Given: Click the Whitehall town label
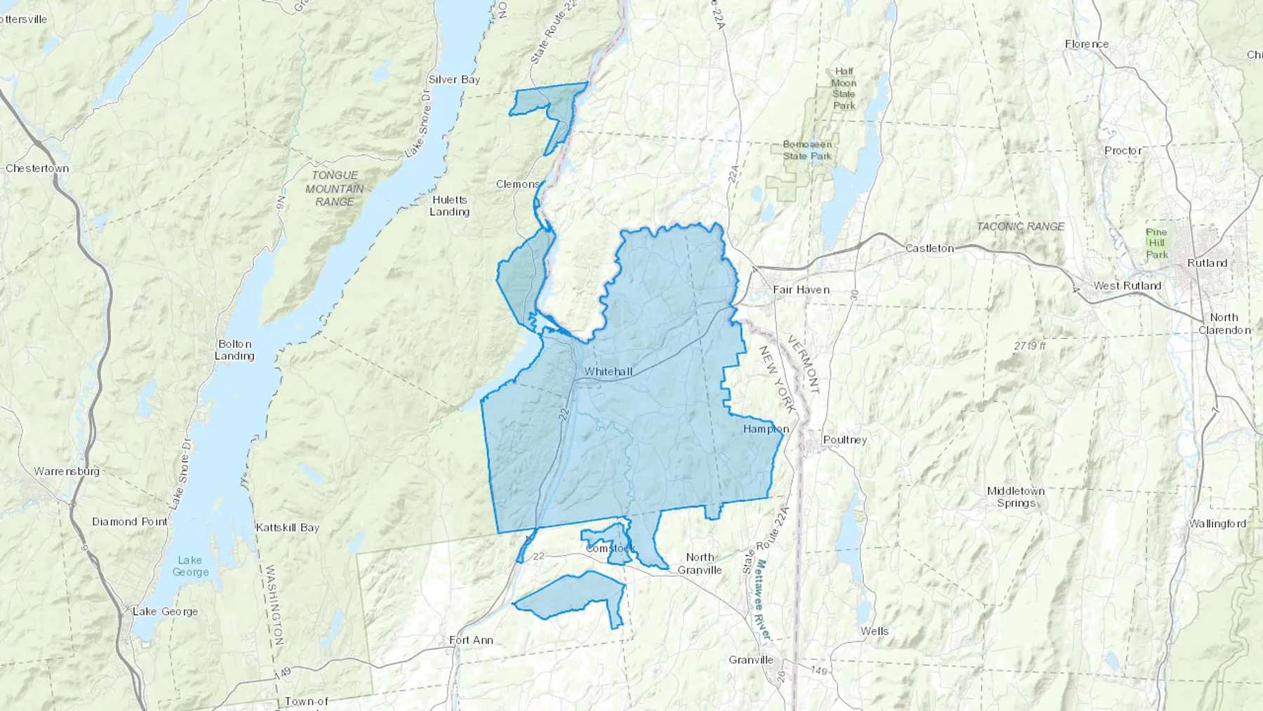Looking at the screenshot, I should [x=608, y=371].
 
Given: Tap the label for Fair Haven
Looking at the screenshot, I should [x=801, y=289].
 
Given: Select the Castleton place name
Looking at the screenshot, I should [x=929, y=248].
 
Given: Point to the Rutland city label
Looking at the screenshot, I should [x=1207, y=263].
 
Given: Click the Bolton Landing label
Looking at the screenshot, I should [x=234, y=350].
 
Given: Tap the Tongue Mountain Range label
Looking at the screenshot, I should [x=335, y=188].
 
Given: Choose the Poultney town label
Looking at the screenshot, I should [x=845, y=440].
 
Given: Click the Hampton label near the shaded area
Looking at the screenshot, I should [x=766, y=429].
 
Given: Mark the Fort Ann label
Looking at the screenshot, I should [x=471, y=640].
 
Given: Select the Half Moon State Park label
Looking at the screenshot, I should [x=843, y=88].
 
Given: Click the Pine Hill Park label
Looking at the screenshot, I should [x=1156, y=243].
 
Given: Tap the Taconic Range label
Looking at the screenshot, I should [x=1020, y=226].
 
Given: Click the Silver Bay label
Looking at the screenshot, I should [x=454, y=79].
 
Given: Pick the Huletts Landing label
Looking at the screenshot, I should [x=449, y=206].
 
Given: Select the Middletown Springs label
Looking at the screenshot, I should [x=1015, y=497].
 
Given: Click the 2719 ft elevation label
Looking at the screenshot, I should [x=1029, y=346].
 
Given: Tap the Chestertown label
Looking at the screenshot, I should [x=37, y=168].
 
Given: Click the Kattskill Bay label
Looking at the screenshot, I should [x=287, y=527].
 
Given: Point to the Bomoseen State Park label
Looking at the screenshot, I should [x=807, y=150].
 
